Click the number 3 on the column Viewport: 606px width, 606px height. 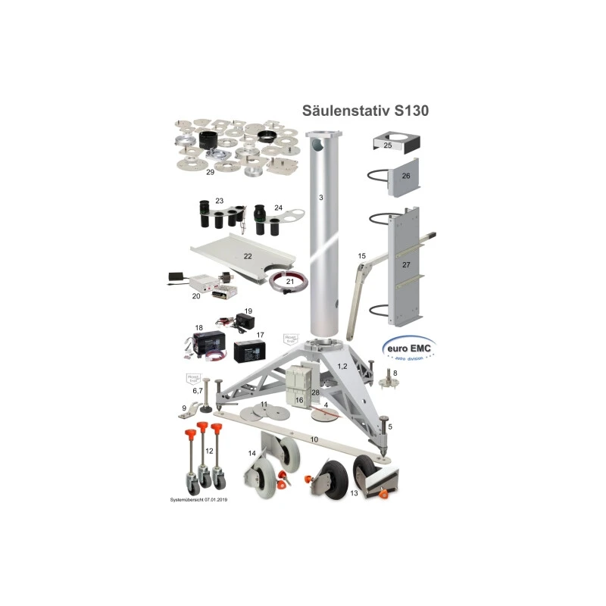coord(321,198)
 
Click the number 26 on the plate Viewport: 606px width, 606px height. coord(405,176)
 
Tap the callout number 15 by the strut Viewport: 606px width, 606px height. coord(361,256)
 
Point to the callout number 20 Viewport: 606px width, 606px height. coord(197,296)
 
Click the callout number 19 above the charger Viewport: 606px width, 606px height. coord(248,311)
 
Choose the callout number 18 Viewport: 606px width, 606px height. coord(199,328)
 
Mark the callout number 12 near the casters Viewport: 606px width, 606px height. coord(210,451)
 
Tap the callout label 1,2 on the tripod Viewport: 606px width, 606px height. coord(341,366)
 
